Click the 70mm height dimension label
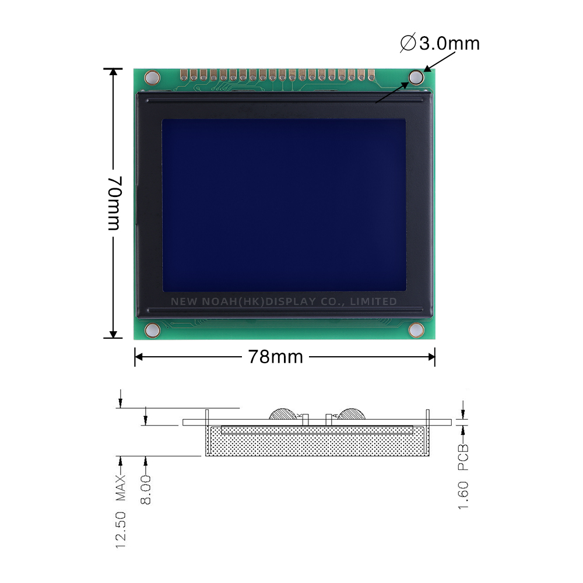[115, 202]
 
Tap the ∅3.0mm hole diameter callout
[441, 43]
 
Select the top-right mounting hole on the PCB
[416, 77]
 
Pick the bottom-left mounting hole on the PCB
[152, 330]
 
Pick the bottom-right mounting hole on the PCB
[416, 331]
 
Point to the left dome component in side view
[284, 414]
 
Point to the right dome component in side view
[352, 414]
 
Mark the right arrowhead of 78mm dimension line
[432, 357]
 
